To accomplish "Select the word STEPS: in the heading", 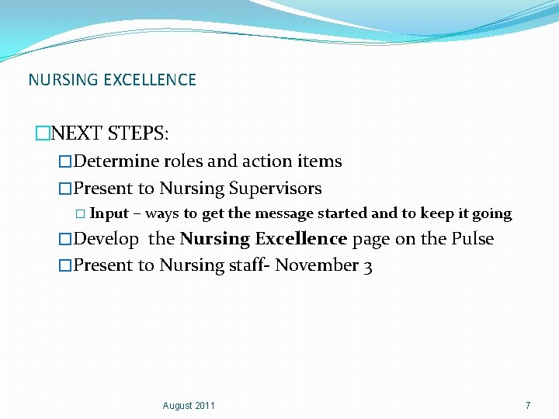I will (x=139, y=133).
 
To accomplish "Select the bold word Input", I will (x=109, y=213).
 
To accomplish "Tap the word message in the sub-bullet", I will (x=284, y=213).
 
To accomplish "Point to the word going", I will (x=493, y=214).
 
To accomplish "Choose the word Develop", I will (x=106, y=239).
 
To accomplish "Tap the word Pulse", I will (x=473, y=239).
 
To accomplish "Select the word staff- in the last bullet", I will (x=248, y=265).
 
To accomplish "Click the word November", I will (x=317, y=265).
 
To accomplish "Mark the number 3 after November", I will (x=367, y=266).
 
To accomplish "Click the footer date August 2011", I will (x=189, y=406).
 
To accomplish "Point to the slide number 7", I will (x=528, y=406).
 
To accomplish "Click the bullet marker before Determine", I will (x=65, y=162).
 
